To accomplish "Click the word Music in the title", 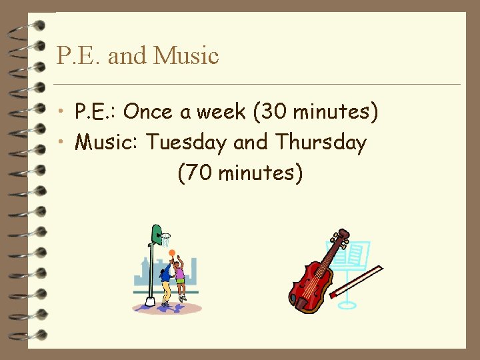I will point(186,55).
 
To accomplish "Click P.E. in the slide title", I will point(79,55).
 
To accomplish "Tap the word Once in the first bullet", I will point(148,112).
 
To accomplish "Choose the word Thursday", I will point(321,142).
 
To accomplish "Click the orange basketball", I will point(172,253).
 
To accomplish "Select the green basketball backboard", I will point(156,235).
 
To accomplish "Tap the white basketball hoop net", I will point(165,238).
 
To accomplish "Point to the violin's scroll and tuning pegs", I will point(342,237).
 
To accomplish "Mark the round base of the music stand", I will point(347,305).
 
